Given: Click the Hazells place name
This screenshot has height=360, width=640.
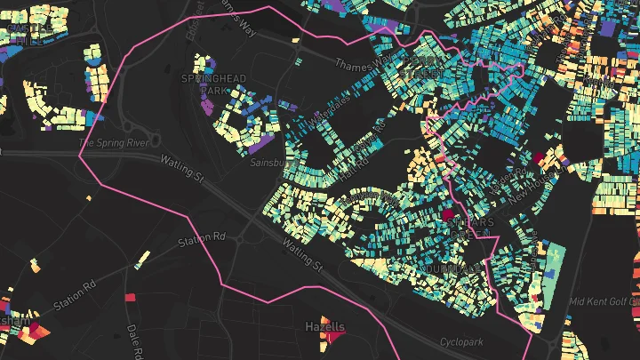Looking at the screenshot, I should [324, 327].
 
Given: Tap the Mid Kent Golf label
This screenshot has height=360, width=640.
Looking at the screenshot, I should [603, 301].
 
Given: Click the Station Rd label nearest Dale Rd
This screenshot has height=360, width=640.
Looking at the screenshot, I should [74, 292].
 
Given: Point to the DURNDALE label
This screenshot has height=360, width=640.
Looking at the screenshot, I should [453, 268].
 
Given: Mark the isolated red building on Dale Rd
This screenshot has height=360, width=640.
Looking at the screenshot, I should [130, 298].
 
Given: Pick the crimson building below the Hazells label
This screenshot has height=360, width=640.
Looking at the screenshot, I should [334, 338].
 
